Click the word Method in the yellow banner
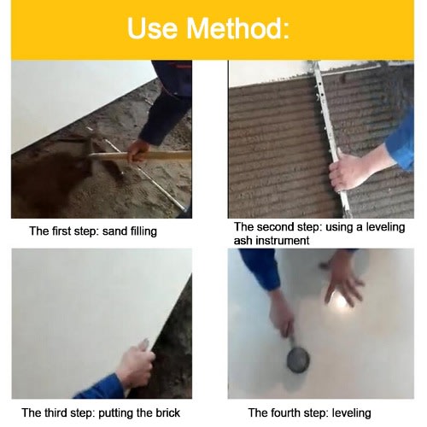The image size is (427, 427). coord(237,28)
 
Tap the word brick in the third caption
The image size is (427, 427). coord(168,412)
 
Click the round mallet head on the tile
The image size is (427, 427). coord(298,360)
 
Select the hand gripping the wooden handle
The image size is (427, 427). coord(137,150)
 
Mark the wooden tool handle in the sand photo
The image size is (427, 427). coord(139,155)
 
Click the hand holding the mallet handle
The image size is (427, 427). coord(280,318)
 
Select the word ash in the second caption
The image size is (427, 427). coord(243,241)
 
